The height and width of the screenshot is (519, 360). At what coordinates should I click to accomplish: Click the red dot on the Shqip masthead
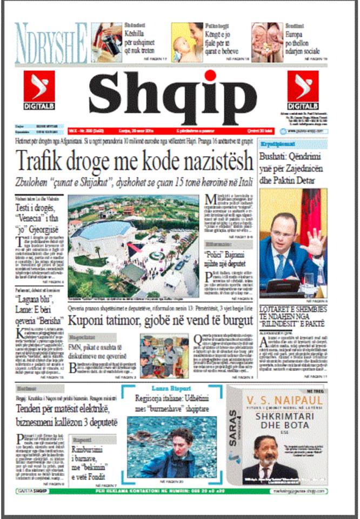(x=209, y=76)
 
